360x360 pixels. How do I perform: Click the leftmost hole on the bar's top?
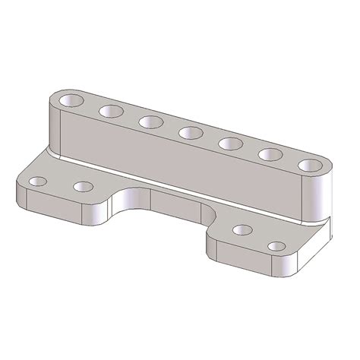(x=73, y=99)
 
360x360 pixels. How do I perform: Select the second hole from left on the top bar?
(x=109, y=111)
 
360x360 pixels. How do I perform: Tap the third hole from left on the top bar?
(x=149, y=122)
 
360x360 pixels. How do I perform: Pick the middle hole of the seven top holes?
(x=189, y=133)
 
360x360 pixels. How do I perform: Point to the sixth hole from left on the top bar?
(x=269, y=153)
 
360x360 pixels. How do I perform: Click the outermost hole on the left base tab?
(x=36, y=182)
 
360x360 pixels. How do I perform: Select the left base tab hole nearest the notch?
(x=84, y=186)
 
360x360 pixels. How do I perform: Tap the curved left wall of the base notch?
(x=122, y=205)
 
